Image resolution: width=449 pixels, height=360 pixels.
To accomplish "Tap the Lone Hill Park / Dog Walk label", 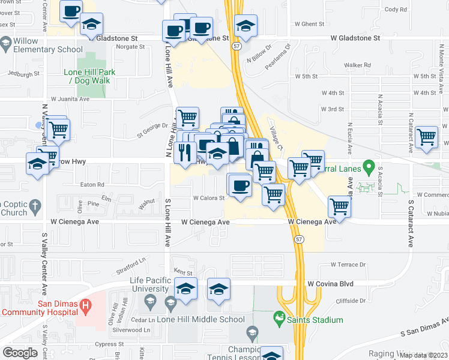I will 90,76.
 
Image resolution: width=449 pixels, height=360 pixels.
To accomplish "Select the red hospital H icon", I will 86,304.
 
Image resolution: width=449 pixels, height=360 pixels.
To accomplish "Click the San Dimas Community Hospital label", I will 40,308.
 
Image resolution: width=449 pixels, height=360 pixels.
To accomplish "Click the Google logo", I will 20,352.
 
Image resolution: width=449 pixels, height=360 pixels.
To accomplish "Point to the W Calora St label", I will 208,198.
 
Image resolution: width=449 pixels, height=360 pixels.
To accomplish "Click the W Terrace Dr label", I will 348,265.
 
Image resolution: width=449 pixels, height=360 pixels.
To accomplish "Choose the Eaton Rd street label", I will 92,185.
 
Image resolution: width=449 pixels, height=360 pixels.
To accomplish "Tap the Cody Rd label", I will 412,10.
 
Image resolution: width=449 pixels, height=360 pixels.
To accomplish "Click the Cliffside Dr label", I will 348,301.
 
